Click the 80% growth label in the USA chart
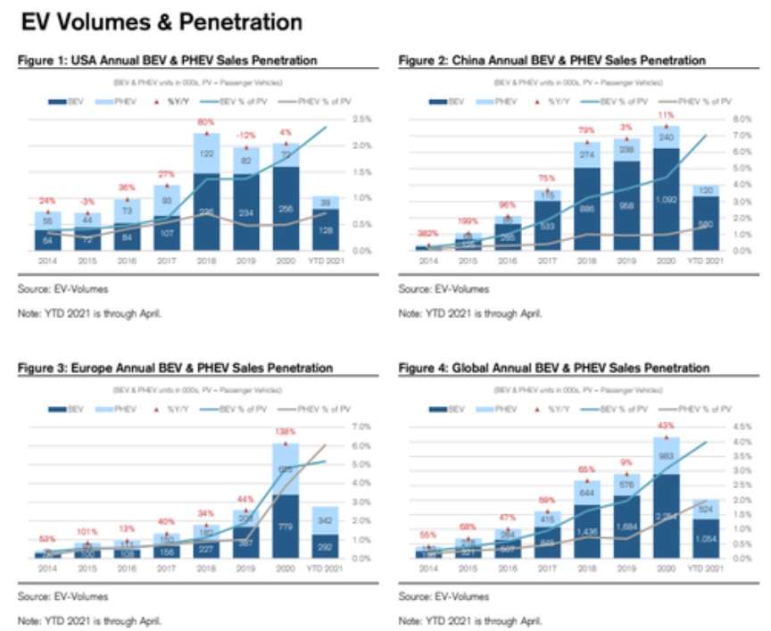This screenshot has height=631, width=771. pyautogui.click(x=207, y=122)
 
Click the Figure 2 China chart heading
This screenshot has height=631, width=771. pyautogui.click(x=551, y=60)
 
